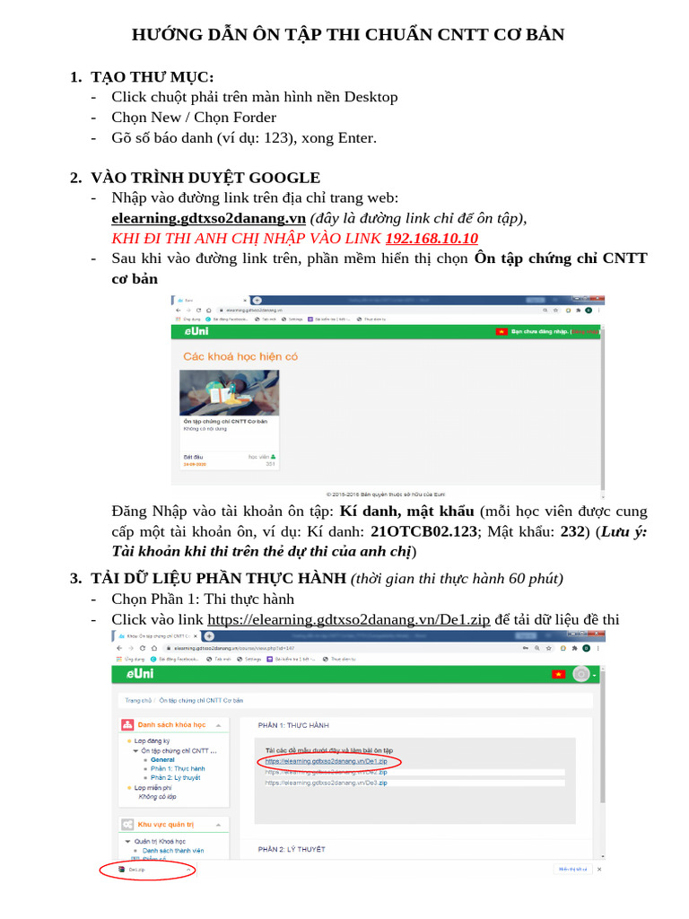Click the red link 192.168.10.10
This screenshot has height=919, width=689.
(432, 238)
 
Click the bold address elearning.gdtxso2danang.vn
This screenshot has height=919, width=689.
(208, 218)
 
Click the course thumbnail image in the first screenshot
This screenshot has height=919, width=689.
(230, 392)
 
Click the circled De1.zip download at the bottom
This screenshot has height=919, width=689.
(136, 869)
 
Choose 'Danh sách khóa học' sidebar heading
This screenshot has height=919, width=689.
(171, 724)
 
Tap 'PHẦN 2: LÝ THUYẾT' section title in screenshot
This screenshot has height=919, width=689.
(292, 848)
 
